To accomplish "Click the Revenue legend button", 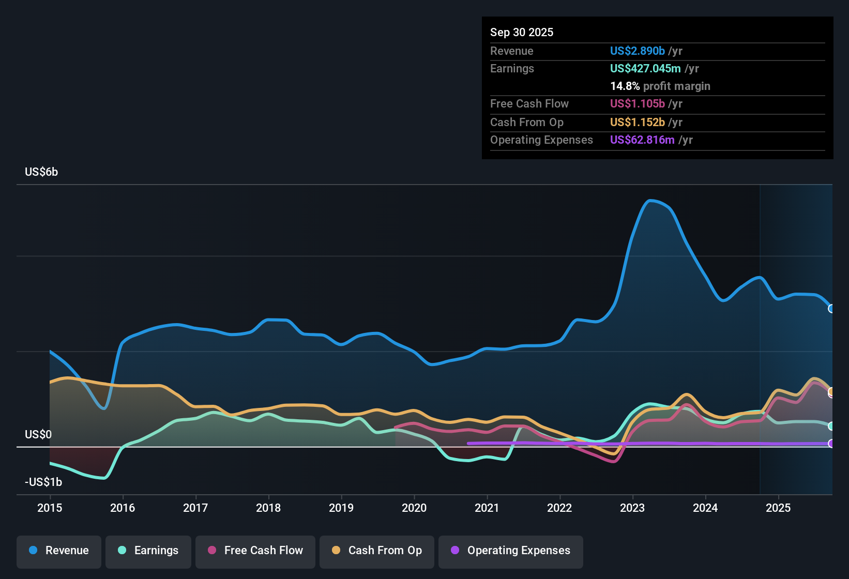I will (x=59, y=551).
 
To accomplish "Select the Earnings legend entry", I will (x=148, y=551).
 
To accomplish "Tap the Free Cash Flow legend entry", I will (x=255, y=551).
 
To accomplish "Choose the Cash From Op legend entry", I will (x=377, y=551).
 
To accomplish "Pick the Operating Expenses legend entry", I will (x=511, y=551).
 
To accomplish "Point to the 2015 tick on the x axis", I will (x=50, y=508).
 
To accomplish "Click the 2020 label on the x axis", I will (x=414, y=508).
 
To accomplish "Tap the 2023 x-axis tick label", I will (x=632, y=508).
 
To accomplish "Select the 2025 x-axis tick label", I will (x=778, y=508).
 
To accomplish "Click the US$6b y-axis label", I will (x=41, y=172).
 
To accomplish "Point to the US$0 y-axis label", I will (x=38, y=434).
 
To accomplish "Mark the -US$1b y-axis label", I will (x=43, y=482).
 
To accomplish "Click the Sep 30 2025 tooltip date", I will (x=522, y=32).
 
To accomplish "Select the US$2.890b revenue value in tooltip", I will (x=637, y=51).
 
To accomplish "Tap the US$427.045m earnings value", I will (x=645, y=68).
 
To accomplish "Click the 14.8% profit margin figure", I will (x=625, y=86).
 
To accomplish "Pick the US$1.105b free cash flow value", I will (x=637, y=103).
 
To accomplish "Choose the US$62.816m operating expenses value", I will (x=642, y=140).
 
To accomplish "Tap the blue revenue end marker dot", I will (x=831, y=309).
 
